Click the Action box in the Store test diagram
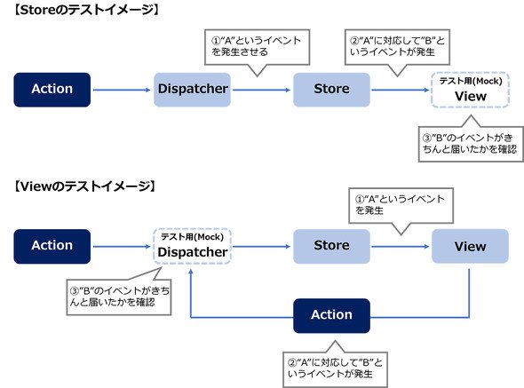52,90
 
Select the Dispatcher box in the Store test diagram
192,90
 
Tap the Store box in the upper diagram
331,90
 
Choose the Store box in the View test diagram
331,246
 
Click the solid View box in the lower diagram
470,246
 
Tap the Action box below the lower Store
331,316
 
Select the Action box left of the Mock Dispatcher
52,246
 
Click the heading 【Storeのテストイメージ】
86,10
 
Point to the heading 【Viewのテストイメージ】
84,186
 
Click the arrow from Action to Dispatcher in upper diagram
122,90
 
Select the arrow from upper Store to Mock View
401,90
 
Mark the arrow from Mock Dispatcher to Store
262,246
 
